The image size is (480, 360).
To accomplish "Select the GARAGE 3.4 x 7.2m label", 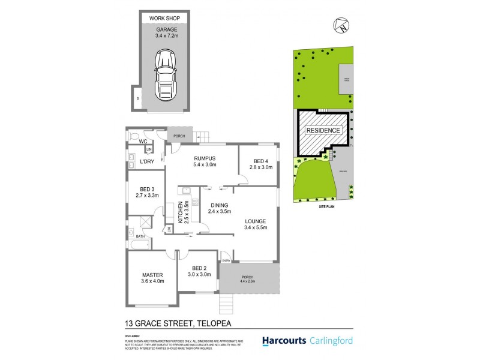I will (x=165, y=31).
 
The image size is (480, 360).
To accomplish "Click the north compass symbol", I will (x=342, y=26).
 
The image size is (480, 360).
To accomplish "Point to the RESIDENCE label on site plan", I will (x=323, y=130).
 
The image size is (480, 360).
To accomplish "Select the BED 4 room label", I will (x=260, y=164).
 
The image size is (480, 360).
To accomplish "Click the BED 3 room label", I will (x=146, y=191).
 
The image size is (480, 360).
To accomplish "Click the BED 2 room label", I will (x=199, y=271).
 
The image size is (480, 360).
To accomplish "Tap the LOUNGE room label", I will (x=259, y=224).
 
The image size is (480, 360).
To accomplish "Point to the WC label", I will (x=144, y=142).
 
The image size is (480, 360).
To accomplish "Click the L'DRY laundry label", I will (x=148, y=162).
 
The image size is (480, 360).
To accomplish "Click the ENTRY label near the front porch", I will (x=226, y=260).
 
